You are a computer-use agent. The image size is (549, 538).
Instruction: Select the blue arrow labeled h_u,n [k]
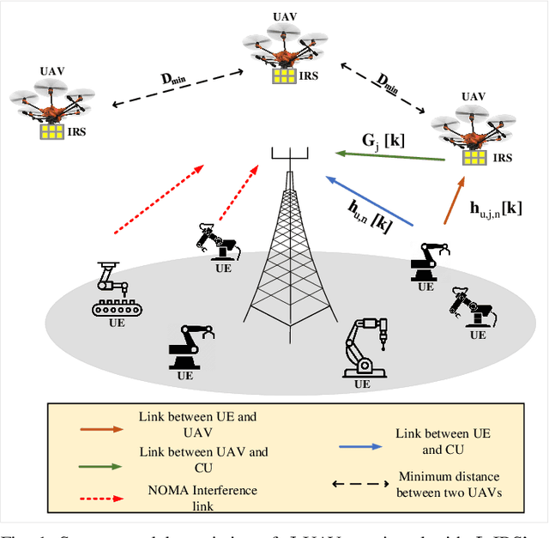[x=369, y=202]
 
